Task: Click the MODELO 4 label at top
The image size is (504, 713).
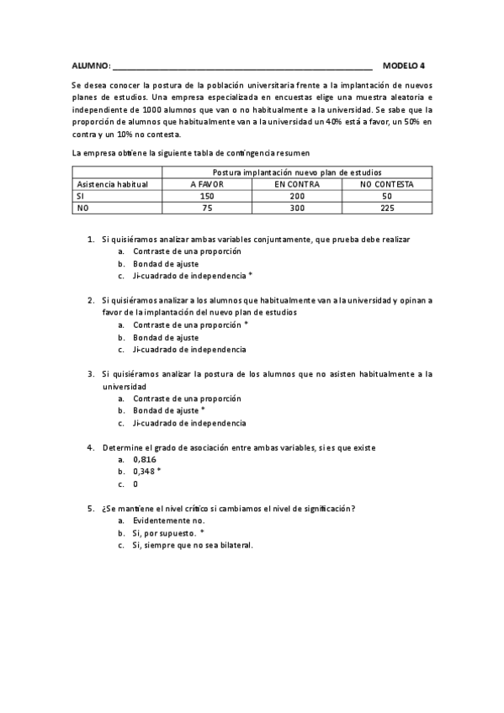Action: coord(404,65)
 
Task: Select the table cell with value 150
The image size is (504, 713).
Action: coord(207,195)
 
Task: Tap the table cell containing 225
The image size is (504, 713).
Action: coord(387,207)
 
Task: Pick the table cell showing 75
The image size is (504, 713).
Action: coord(207,207)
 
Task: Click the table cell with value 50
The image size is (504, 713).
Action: coord(387,195)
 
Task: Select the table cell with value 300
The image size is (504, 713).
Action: coord(296,207)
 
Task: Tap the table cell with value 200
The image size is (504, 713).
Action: coord(296,195)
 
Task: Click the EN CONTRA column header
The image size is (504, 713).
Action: coord(296,183)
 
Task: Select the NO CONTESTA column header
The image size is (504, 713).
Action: coord(387,183)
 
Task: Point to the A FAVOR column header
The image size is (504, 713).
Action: coord(207,183)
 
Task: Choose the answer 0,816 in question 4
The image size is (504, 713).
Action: coord(145,460)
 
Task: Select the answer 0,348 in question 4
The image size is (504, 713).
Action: coord(145,472)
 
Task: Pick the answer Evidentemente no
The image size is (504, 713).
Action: coord(168,520)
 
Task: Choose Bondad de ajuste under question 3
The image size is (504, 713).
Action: coord(166,410)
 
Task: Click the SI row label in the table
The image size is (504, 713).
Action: coord(81,195)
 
